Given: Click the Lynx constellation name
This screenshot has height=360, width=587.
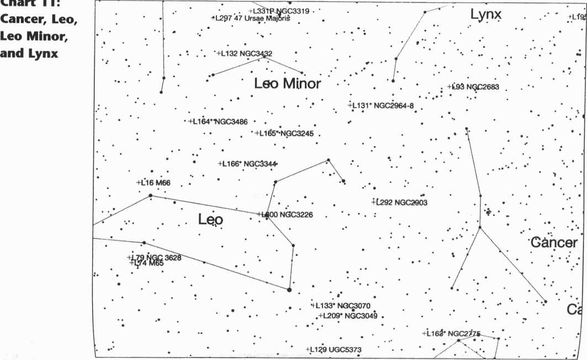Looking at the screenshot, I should pyautogui.click(x=486, y=14).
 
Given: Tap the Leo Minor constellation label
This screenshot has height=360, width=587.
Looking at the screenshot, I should pyautogui.click(x=287, y=84).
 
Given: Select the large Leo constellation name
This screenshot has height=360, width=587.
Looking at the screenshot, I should pyautogui.click(x=210, y=220).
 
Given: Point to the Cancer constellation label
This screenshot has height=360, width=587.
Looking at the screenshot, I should pyautogui.click(x=554, y=242).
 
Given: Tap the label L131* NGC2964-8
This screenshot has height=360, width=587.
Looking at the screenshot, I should pyautogui.click(x=380, y=105).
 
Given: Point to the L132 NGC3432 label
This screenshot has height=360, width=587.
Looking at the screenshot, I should pyautogui.click(x=244, y=54).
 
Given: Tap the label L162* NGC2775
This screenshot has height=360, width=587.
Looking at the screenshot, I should pyautogui.click(x=452, y=333).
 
